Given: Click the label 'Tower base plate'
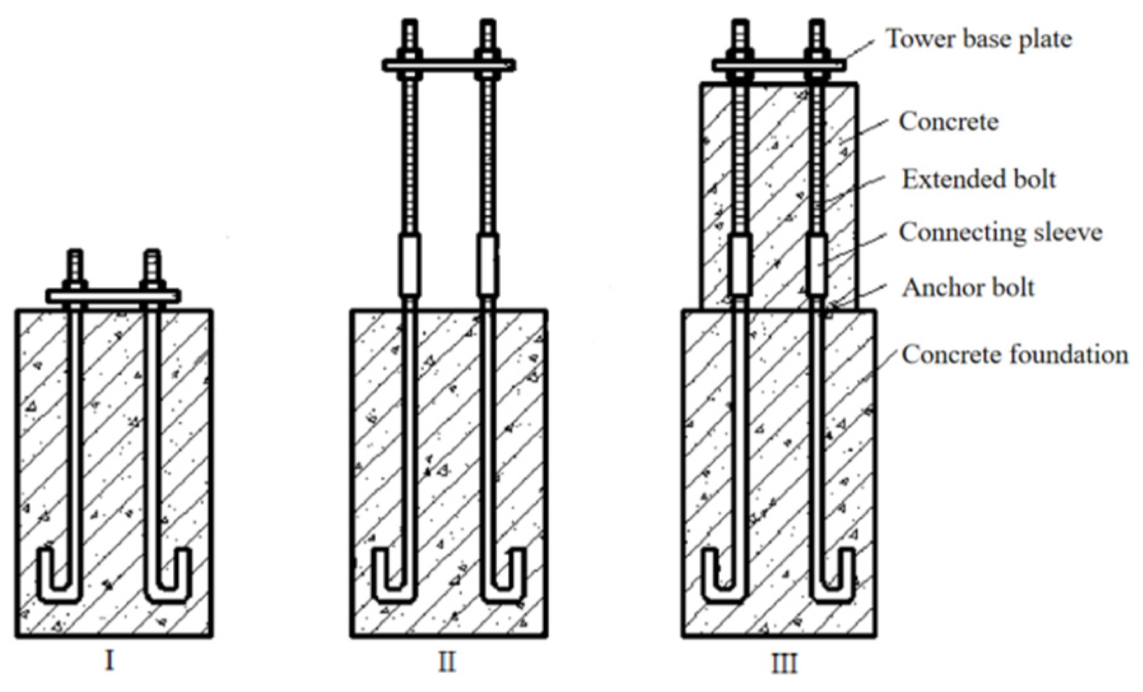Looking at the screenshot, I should click(x=979, y=40).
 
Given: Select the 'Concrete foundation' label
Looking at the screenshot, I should click(x=1014, y=354).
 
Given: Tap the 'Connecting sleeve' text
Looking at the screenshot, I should click(x=1000, y=233).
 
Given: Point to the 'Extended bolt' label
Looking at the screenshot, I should click(x=979, y=180).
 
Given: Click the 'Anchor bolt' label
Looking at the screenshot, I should click(x=968, y=288).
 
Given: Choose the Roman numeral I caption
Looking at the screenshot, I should click(x=110, y=663).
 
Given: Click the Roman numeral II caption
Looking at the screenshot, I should click(x=447, y=663).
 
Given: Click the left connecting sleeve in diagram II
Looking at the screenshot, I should click(x=410, y=266).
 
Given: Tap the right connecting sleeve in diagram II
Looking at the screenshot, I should click(x=488, y=266).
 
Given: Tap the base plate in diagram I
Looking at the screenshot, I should click(x=113, y=296).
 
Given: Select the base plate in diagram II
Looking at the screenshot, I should click(x=448, y=64).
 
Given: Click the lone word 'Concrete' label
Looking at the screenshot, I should click(x=948, y=122).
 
